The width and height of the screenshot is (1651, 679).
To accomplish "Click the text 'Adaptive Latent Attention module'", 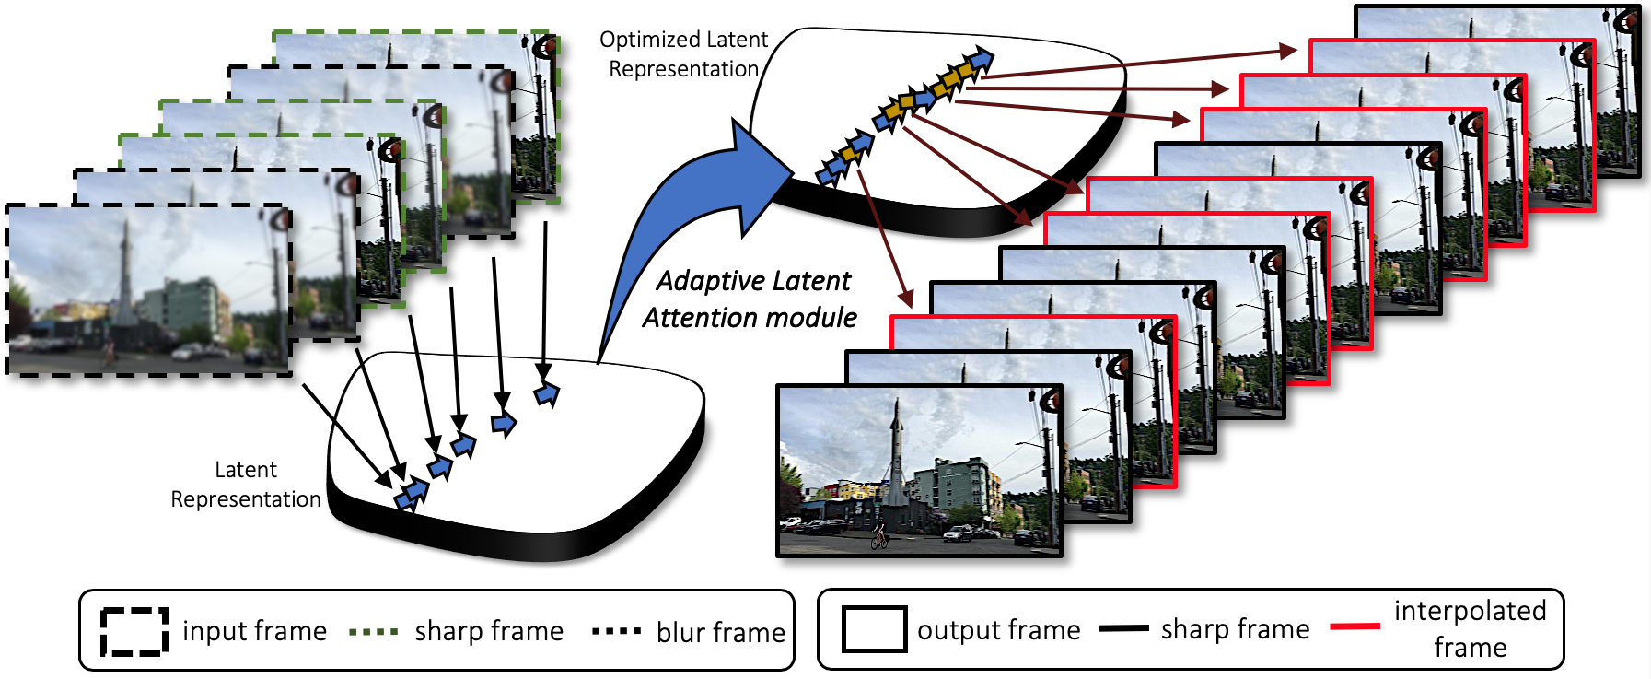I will pos(751,299).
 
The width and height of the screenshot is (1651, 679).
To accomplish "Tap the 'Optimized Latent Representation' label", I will pos(683,54).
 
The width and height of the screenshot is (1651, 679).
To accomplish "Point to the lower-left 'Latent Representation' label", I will pos(246,485).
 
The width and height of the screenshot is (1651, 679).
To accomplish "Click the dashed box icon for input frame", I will pos(134,631).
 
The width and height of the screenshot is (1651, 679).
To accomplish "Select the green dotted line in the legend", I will pos(374,632).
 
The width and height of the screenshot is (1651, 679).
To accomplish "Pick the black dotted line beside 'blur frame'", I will pos(616,632).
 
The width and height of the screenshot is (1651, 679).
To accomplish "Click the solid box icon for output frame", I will pos(874,629).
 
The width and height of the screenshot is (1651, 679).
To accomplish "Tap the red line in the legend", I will pos(1355,626).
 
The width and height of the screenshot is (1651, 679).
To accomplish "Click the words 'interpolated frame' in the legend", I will pos(1470,628).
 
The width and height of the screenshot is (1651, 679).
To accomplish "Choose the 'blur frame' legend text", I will pos(720,633).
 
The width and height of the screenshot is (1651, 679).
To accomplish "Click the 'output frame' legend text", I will pos(998,630).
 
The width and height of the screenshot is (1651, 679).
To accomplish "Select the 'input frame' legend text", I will pos(254,631).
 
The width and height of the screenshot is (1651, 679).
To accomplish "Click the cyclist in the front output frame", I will pos(879,536).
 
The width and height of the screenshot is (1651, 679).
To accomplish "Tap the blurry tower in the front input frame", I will pos(124,276).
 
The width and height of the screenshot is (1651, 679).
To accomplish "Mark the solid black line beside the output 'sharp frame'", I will pos(1124,628).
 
